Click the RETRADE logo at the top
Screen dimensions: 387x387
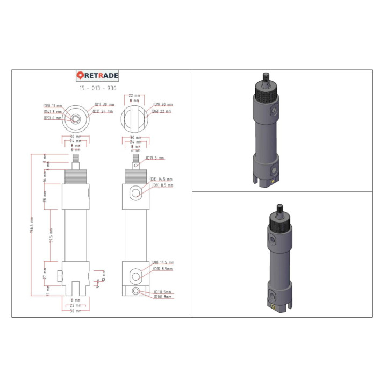97,76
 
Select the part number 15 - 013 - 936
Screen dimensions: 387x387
97,88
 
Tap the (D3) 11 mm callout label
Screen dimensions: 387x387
53,105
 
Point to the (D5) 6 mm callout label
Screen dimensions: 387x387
53,118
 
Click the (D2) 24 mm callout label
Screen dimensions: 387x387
103,111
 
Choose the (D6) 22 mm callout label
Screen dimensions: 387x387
162,111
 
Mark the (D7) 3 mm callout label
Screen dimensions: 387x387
155,158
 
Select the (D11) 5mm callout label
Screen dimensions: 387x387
163,292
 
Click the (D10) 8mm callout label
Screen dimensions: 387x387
163,297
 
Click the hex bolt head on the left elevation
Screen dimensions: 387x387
59,276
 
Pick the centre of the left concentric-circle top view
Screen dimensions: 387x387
76,118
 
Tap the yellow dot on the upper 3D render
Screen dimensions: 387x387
273,182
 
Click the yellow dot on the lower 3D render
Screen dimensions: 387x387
274,308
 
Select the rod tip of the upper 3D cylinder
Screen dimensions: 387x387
265,76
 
